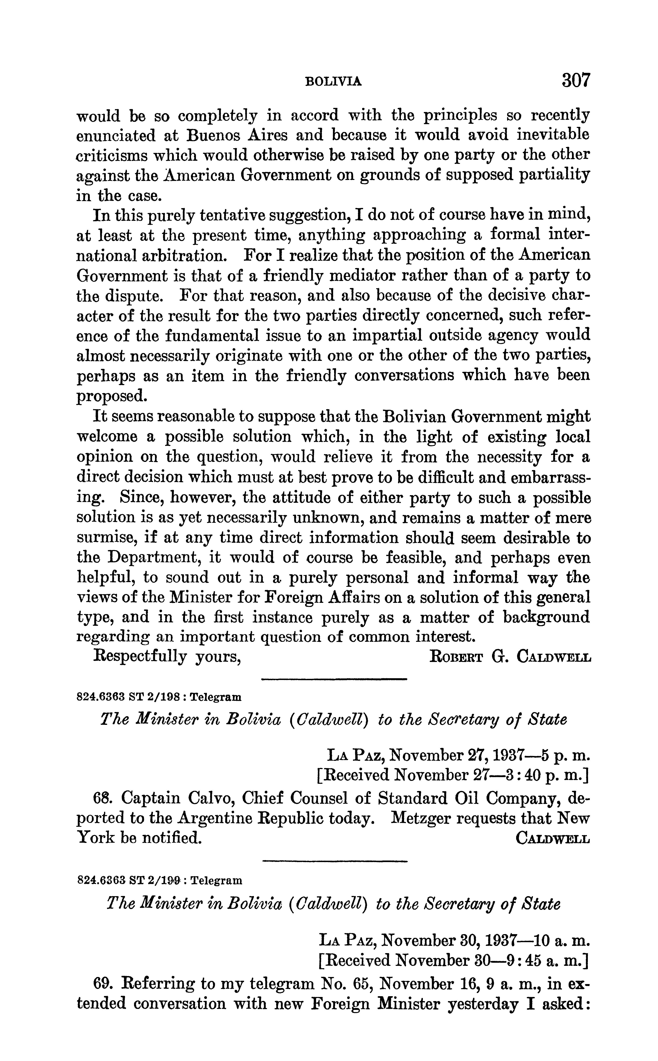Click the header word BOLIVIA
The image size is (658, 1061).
tap(334, 81)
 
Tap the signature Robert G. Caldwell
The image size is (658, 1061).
tap(510, 657)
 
